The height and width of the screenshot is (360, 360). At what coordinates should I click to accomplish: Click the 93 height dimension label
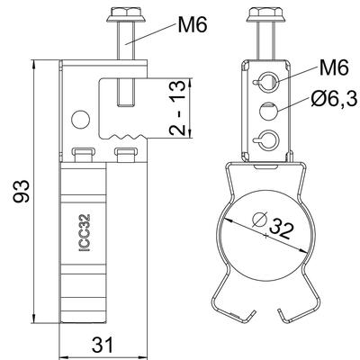(x=22, y=192)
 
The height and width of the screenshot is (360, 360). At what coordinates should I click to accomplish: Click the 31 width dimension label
(x=103, y=345)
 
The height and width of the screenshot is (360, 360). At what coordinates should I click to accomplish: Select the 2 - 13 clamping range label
(x=177, y=108)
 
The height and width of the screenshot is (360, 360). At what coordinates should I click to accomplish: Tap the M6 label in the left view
(x=193, y=24)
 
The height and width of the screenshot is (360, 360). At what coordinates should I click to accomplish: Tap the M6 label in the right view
(x=334, y=67)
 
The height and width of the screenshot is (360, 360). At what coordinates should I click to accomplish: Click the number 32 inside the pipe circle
(x=281, y=229)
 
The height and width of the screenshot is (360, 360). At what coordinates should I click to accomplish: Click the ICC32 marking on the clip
(x=85, y=232)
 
